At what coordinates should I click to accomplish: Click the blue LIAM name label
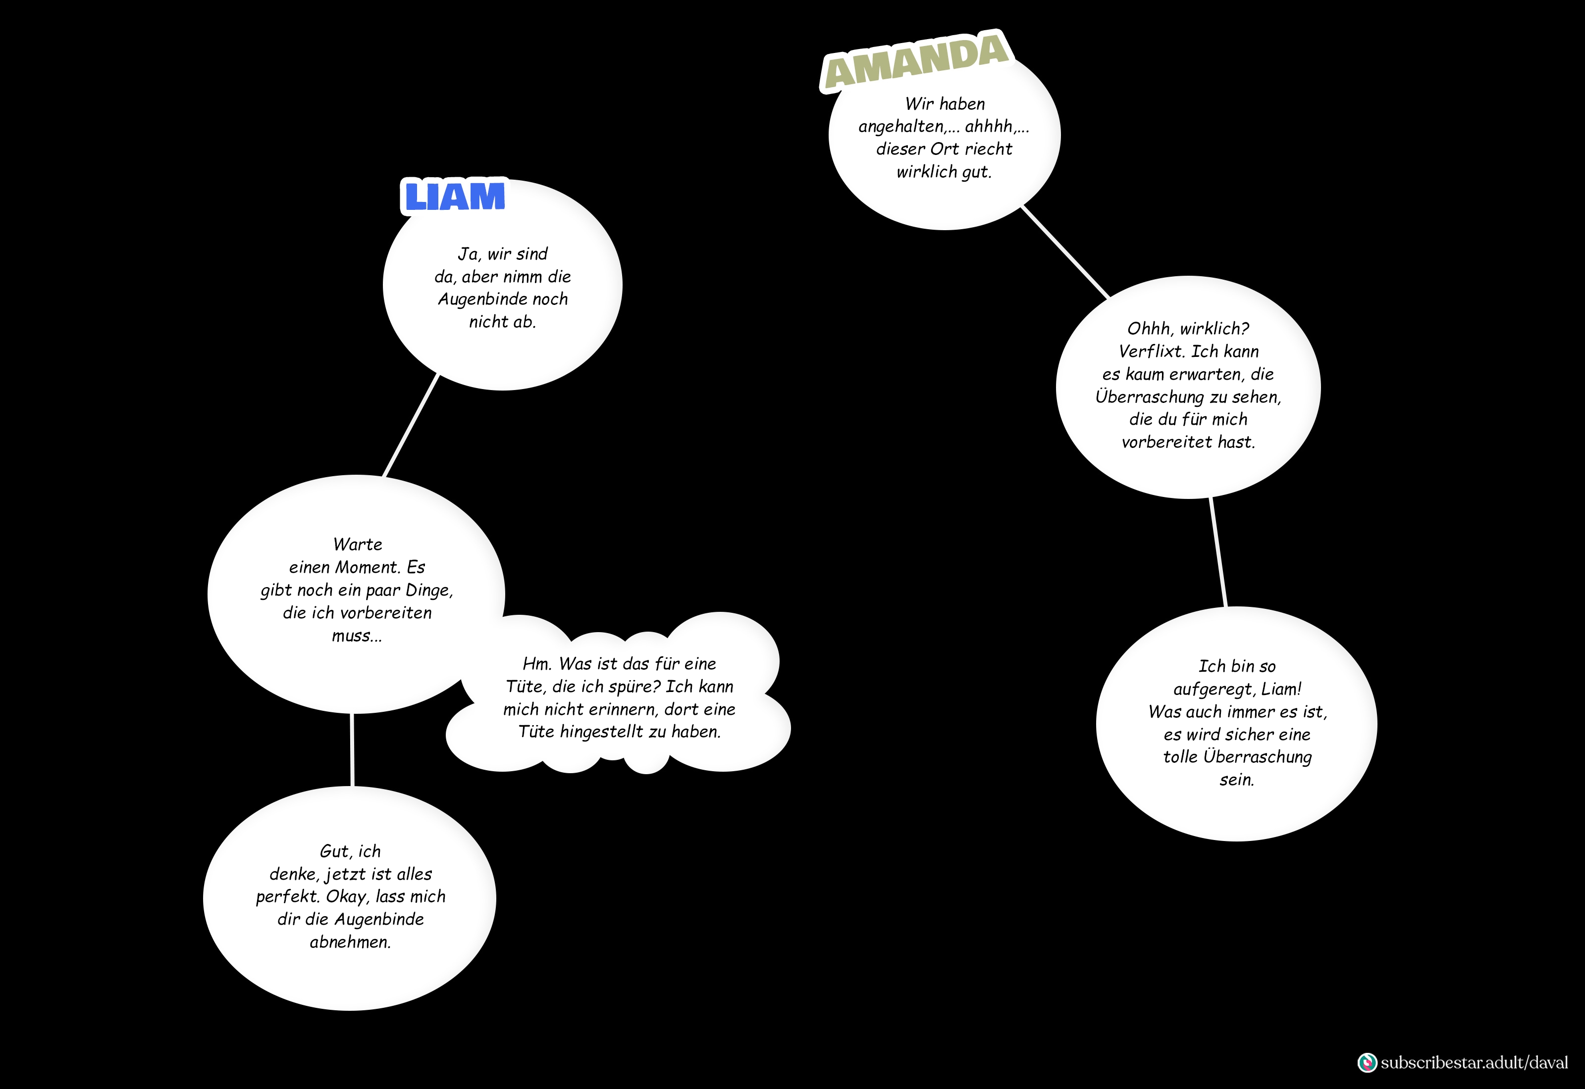pyautogui.click(x=455, y=197)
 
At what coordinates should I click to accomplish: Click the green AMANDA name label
pyautogui.click(x=916, y=61)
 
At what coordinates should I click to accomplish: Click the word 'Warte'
pyautogui.click(x=358, y=544)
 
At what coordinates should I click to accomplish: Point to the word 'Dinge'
pyautogui.click(x=429, y=590)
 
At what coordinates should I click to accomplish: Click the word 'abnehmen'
pyautogui.click(x=350, y=942)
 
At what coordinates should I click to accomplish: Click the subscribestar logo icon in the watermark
pyautogui.click(x=1367, y=1062)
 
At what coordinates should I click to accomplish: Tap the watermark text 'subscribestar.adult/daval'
pyautogui.click(x=1475, y=1062)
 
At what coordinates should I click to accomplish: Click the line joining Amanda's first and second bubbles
pyautogui.click(x=1065, y=252)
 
